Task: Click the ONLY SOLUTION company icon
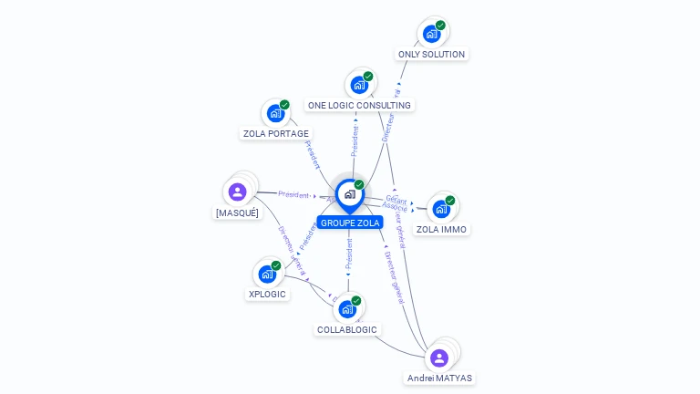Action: (431, 34)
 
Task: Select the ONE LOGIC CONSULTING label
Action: (359, 105)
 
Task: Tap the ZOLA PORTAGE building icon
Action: (274, 114)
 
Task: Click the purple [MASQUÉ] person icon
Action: (238, 192)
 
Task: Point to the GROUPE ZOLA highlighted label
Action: (350, 223)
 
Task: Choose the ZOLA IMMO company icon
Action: (440, 209)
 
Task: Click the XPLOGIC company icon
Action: (266, 274)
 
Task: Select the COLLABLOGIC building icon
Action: (346, 309)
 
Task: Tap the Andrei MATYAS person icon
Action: (439, 358)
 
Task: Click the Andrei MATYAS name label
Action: (440, 378)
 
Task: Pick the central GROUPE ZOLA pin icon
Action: (349, 194)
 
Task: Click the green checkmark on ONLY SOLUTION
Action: (441, 26)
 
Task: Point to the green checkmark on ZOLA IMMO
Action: (450, 201)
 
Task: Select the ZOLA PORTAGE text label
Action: (275, 133)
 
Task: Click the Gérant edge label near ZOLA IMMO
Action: (396, 199)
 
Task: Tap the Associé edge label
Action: (395, 207)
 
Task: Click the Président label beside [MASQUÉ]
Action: (293, 194)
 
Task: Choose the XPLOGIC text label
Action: (267, 294)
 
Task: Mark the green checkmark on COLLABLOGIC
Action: (356, 301)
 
